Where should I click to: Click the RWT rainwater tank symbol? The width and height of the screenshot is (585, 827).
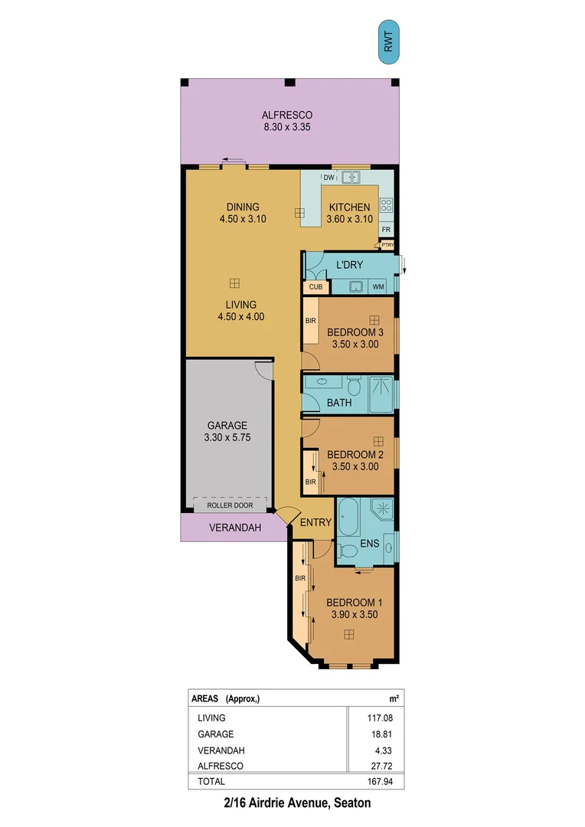pos(388,41)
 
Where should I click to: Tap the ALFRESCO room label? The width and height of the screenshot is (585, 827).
pos(287,116)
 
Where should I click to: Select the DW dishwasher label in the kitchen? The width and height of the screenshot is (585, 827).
pos(328,178)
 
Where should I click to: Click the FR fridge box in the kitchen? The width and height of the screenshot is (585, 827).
pos(387,229)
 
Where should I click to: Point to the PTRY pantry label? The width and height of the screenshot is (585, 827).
pos(387,245)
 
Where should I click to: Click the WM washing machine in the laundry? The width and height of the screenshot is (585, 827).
pos(378,287)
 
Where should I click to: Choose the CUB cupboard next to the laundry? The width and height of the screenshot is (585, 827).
pos(315,287)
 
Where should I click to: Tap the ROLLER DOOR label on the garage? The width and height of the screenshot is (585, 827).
pos(230,505)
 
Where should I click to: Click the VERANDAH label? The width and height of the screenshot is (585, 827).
pos(235,528)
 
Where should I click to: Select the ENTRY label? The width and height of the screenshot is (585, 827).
pos(315,523)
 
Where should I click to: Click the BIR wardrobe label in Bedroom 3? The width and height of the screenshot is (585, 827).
pos(311,322)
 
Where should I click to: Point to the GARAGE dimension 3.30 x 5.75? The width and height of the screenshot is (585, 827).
pos(229,438)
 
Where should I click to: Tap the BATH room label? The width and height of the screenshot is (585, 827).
pos(338,402)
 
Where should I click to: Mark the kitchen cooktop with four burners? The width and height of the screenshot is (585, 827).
pos(386,205)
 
